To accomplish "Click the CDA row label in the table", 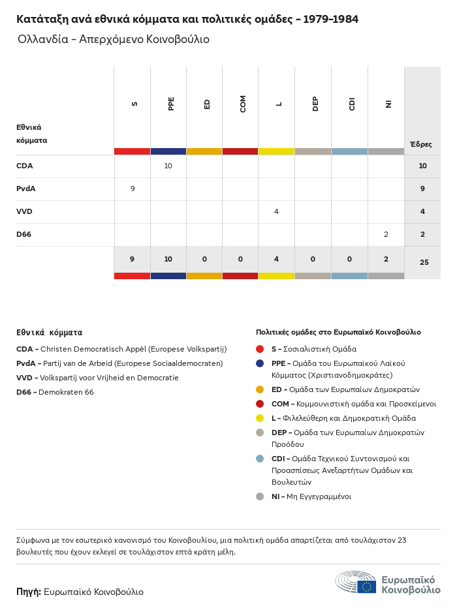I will (x=24, y=166).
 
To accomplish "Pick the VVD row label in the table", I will (x=24, y=211).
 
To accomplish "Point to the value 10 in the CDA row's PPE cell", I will (x=168, y=166).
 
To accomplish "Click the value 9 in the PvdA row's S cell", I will (x=133, y=189).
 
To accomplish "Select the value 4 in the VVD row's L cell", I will (x=276, y=211).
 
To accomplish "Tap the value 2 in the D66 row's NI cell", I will (x=386, y=234).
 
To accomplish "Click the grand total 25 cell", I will (x=424, y=262).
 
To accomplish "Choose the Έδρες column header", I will (x=420, y=144).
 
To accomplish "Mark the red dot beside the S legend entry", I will (x=260, y=349).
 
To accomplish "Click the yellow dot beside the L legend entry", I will (x=260, y=418).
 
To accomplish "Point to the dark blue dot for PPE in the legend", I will (x=260, y=363).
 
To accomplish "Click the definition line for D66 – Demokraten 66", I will (x=55, y=392).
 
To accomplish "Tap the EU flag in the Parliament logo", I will (x=366, y=586).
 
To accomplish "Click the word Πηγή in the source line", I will (x=28, y=592).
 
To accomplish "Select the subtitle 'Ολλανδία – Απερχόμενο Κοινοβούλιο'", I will (x=114, y=39).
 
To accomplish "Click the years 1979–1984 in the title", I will (x=330, y=19).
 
